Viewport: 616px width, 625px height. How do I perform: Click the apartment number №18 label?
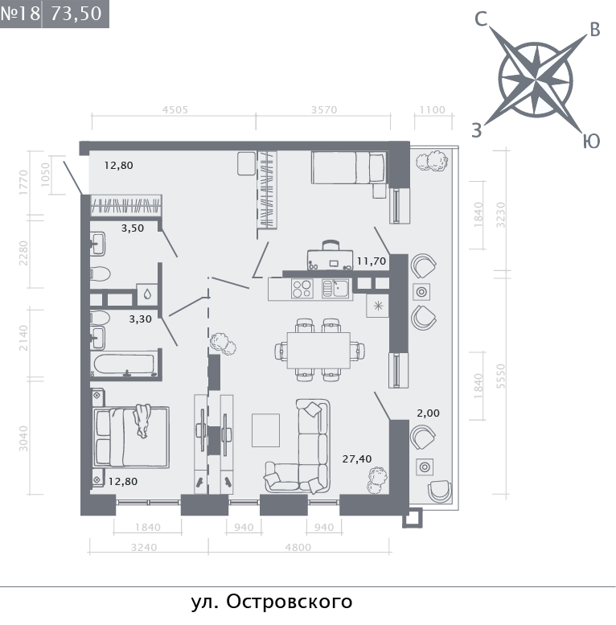click(20, 14)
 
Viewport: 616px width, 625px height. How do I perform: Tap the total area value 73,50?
click(76, 14)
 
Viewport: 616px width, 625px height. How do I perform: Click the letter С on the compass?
click(482, 19)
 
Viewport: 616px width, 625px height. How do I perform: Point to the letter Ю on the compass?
click(591, 141)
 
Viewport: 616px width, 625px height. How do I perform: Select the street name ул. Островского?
click(272, 602)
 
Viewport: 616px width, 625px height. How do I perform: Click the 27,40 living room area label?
click(356, 459)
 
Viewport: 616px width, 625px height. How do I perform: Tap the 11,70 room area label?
click(371, 261)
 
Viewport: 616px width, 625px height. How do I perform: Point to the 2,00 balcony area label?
click(428, 413)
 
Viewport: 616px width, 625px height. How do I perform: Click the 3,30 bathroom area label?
click(140, 319)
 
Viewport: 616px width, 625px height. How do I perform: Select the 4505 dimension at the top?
click(175, 109)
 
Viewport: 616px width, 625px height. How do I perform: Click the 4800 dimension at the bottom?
click(298, 547)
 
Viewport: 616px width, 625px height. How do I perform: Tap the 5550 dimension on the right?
click(501, 376)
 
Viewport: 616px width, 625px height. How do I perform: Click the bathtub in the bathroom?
click(124, 364)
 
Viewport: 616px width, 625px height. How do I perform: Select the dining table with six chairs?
click(318, 351)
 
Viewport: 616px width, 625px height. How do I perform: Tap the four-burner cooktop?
click(302, 289)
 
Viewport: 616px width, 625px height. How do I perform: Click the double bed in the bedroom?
click(131, 437)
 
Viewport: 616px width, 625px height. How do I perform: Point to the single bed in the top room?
click(349, 167)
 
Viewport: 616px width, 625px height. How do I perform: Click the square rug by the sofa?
click(265, 430)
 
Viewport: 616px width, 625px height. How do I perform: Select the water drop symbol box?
click(147, 294)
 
